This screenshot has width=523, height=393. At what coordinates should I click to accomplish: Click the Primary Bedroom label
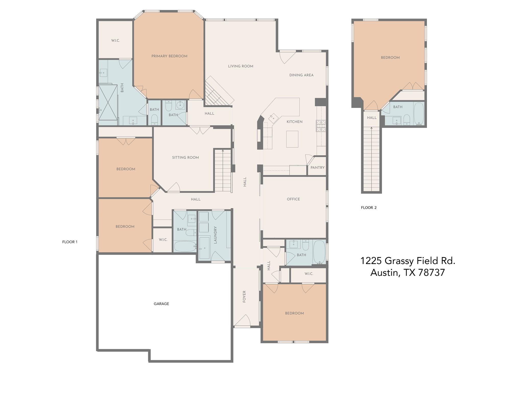[169, 56]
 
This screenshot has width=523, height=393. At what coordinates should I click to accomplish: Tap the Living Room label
[241, 66]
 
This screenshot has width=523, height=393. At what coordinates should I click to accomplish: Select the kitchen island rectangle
[292, 139]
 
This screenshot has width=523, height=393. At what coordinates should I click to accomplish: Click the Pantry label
[317, 168]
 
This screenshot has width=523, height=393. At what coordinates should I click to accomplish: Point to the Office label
[293, 199]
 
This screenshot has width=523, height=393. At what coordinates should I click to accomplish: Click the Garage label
[161, 304]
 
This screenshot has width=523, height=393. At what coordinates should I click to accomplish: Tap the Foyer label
[244, 297]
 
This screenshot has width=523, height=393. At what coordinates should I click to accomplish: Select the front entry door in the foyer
[242, 321]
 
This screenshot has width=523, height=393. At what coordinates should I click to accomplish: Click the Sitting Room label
[185, 158]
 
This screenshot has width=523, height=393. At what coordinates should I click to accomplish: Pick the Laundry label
[215, 235]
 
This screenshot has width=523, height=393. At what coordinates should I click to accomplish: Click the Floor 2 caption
[369, 208]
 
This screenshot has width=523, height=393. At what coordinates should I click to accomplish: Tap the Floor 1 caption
[70, 242]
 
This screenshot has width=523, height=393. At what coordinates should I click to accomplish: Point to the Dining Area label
[301, 75]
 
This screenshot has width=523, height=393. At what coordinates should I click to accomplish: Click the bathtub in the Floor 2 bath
[419, 114]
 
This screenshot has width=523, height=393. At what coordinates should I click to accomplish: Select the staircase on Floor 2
[371, 159]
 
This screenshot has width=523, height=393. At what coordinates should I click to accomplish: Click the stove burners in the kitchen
[321, 126]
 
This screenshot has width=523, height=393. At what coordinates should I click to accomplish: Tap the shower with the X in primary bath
[108, 102]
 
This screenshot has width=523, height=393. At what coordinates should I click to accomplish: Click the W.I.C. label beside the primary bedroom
[115, 40]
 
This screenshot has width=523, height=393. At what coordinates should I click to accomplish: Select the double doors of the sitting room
[200, 130]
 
